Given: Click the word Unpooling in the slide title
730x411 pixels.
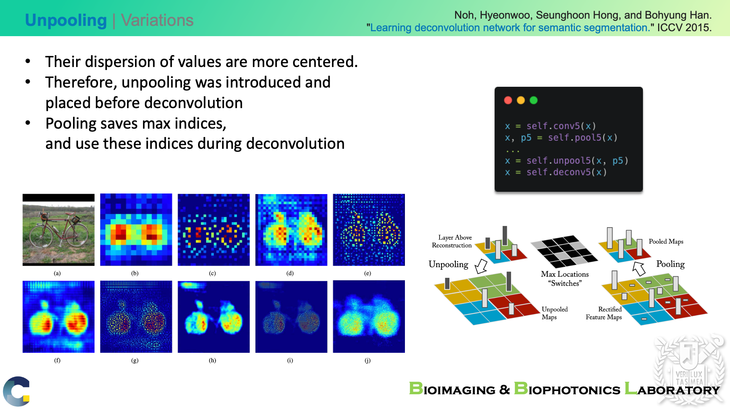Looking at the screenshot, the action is coord(66,21).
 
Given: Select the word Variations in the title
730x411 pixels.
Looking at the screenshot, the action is coord(157,20).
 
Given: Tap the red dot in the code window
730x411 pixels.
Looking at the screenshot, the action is coord(508,100).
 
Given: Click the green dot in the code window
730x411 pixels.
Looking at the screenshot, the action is coord(534,100).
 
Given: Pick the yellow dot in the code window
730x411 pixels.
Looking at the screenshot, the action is coord(521,100).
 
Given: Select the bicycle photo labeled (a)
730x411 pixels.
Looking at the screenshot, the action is coord(59,230).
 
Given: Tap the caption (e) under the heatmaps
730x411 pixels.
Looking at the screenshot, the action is coord(367,273).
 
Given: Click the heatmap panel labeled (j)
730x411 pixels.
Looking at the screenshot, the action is coord(369,317).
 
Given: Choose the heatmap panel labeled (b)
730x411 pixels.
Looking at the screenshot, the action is coord(136,230).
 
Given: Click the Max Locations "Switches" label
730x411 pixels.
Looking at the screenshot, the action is coord(565,279).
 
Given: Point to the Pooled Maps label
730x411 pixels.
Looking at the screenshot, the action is coord(666,242).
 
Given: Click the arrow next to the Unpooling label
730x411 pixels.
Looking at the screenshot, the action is coord(481,266).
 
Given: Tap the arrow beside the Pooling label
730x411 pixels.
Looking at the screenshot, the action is coord(639,268).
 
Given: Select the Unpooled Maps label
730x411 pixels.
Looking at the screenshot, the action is coord(555,313).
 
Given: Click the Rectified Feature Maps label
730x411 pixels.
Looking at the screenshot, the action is coord(604,313).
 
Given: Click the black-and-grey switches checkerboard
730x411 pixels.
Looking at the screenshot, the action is coord(565,252).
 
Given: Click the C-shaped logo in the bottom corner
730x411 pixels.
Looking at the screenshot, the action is coord(16,391).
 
